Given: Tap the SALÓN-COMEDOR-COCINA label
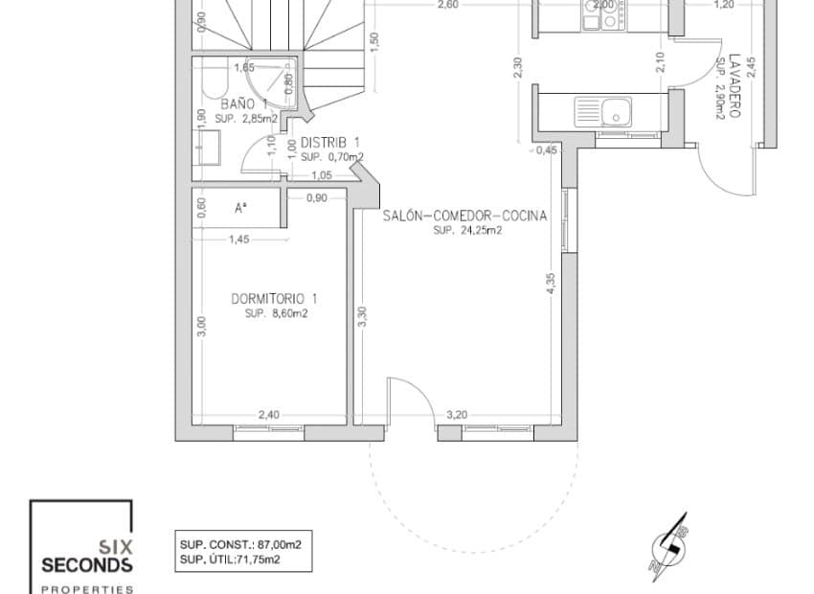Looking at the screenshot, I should pos(464,217).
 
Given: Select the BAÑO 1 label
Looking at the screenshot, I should pos(242,103).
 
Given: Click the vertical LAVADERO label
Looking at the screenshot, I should pos(735,85).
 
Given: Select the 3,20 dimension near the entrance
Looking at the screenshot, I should pos(457,415).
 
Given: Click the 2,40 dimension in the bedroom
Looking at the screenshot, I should pos(269,415).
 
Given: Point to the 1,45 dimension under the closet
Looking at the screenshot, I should pos(238,240).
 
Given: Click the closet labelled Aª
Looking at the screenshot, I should pos(240,207).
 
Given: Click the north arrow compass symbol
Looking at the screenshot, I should pos(667,553).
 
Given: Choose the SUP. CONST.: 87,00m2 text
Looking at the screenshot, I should pos(239,544).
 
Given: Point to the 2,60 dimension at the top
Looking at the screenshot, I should pos(447,5).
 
